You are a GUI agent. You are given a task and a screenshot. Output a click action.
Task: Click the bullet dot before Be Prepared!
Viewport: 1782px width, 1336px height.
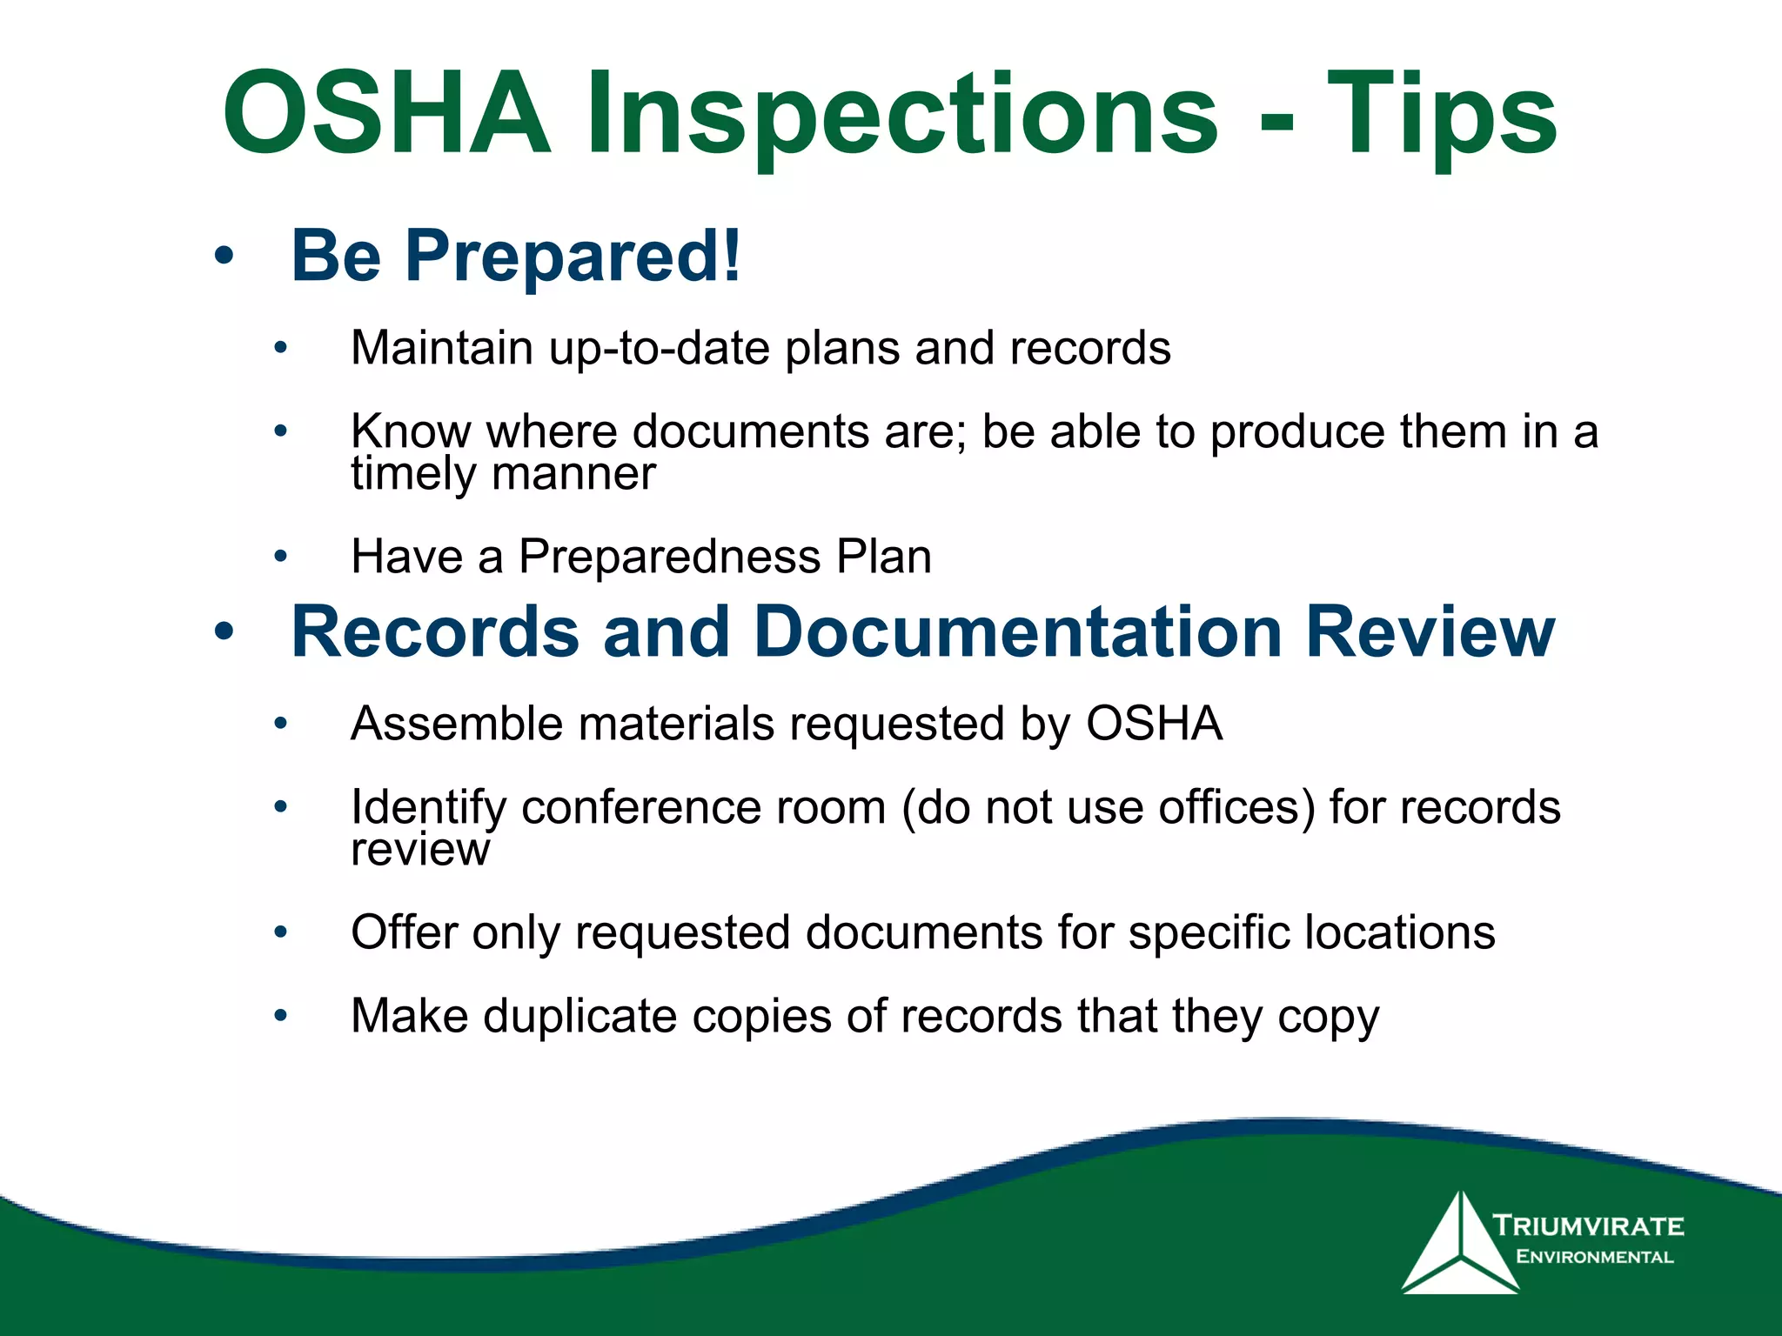tap(224, 257)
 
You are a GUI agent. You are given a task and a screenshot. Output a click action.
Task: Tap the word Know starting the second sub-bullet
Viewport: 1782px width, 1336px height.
tap(411, 431)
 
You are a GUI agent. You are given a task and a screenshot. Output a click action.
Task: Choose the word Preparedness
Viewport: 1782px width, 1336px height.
tap(669, 557)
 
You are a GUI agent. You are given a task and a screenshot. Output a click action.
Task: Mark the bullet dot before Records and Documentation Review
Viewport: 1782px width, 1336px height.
tap(224, 632)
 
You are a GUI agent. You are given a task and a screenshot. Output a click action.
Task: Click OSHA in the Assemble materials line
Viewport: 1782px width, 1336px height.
tap(1154, 724)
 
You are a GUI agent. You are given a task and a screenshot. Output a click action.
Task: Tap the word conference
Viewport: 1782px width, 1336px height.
tap(703, 807)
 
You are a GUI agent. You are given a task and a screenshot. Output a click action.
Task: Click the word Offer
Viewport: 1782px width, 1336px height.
tap(404, 932)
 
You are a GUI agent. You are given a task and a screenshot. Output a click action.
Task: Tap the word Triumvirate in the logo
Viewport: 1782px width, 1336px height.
tap(1589, 1226)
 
